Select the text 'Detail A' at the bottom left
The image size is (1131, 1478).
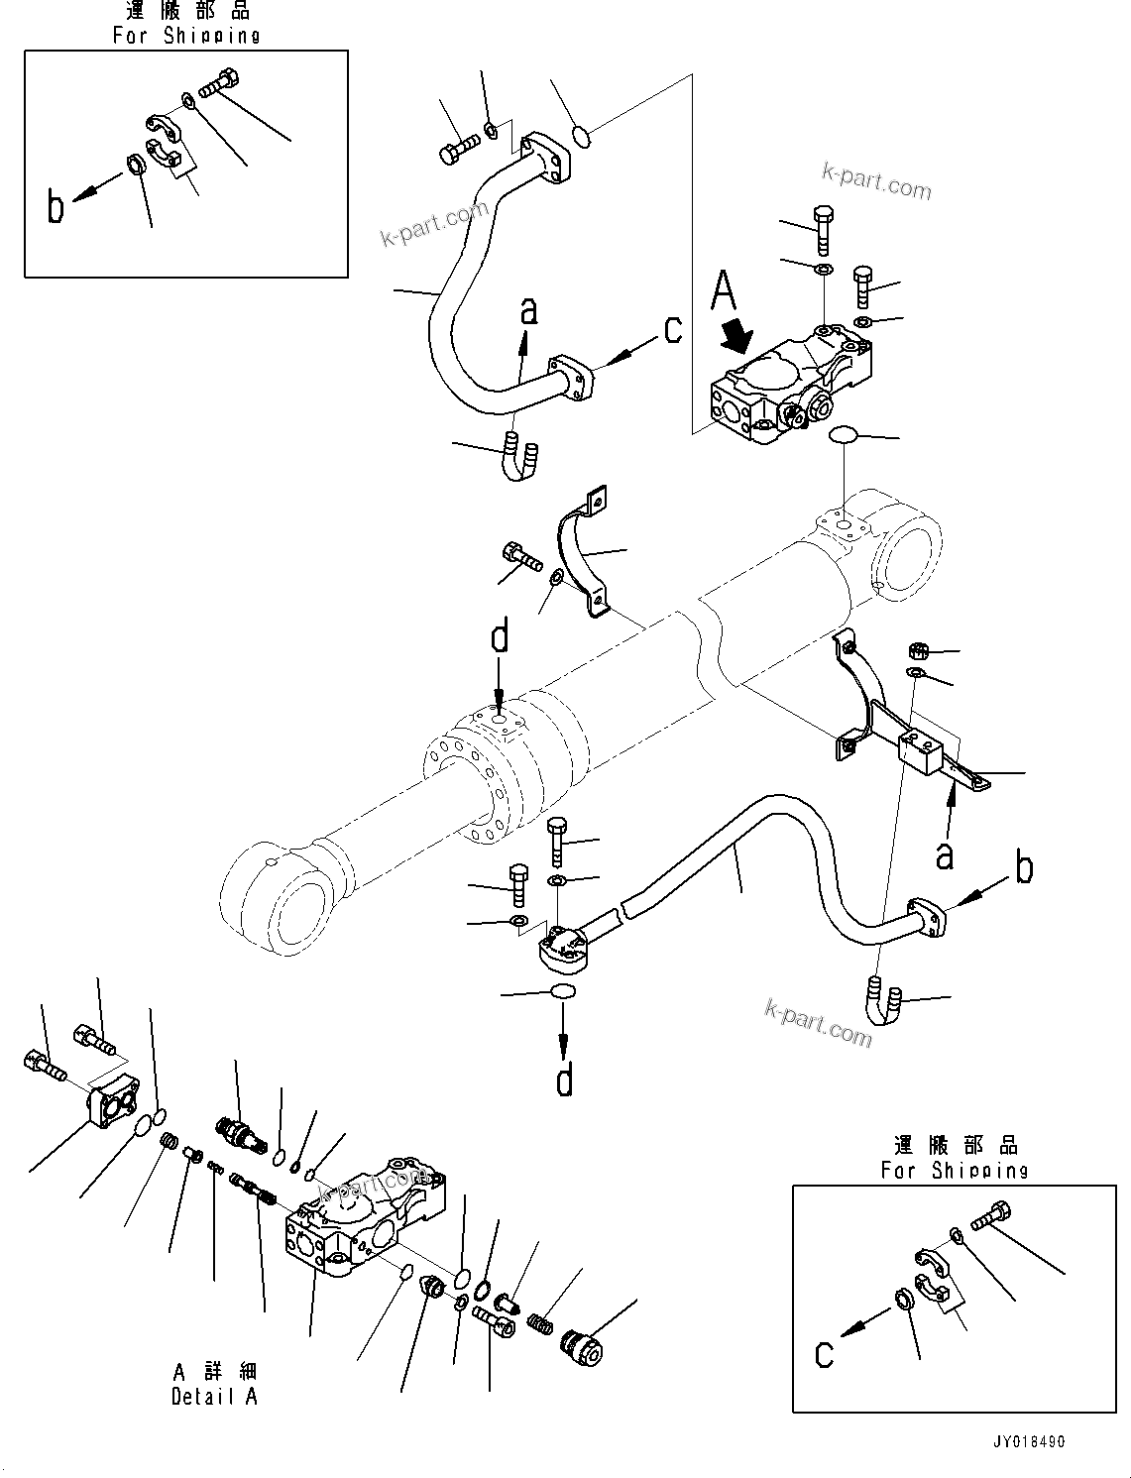click(214, 1397)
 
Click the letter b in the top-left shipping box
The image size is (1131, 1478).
click(57, 207)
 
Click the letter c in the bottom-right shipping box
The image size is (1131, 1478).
click(824, 1354)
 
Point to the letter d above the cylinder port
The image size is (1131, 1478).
click(500, 636)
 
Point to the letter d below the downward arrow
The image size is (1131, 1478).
click(564, 1080)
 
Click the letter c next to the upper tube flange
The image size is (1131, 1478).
click(673, 329)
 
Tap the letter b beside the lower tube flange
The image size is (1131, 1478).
click(1024, 867)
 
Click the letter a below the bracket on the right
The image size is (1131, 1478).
click(945, 853)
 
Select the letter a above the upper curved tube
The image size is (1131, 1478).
click(529, 311)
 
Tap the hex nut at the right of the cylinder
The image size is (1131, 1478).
click(918, 650)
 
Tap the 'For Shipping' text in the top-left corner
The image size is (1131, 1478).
click(186, 36)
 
